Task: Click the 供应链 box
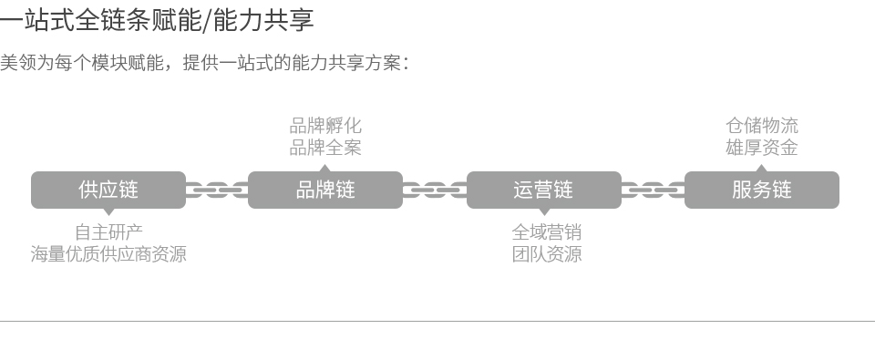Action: (x=108, y=190)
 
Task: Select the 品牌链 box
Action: (x=325, y=190)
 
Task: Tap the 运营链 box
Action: (x=544, y=190)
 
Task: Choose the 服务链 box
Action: (x=761, y=190)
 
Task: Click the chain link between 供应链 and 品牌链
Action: (x=217, y=190)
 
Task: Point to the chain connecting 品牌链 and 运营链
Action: (x=435, y=190)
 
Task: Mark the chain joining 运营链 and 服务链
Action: (x=653, y=190)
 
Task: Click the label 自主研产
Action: (x=108, y=232)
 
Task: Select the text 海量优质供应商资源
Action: (x=108, y=254)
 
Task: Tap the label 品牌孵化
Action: (x=325, y=126)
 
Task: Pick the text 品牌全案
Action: (x=325, y=148)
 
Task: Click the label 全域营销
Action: (x=546, y=232)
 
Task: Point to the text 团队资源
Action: (x=546, y=254)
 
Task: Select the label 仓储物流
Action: (x=762, y=126)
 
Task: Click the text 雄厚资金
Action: (x=762, y=148)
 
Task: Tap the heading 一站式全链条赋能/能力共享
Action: (x=157, y=20)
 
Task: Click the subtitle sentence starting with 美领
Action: (x=204, y=63)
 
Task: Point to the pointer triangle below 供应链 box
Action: (x=108, y=212)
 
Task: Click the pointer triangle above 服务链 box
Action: (x=761, y=168)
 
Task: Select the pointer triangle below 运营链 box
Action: (x=544, y=212)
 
